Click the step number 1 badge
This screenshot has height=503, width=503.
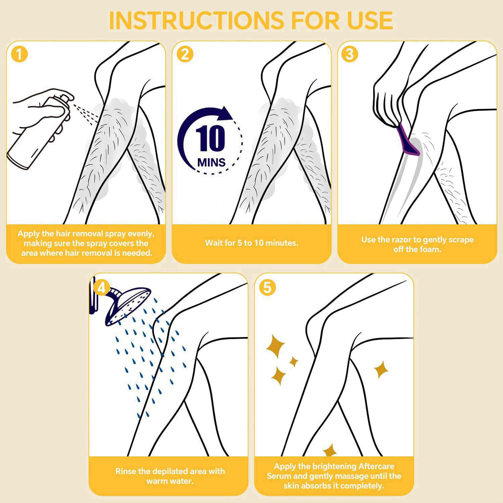coord(19,54)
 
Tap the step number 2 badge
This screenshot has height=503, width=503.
coord(185,54)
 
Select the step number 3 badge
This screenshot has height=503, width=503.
coord(350,54)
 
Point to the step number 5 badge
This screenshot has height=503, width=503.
coord(267,288)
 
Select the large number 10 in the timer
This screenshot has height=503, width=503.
coord(210,138)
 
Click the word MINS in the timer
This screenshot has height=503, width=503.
coord(211,162)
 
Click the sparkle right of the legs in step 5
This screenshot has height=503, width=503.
coord(381,369)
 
